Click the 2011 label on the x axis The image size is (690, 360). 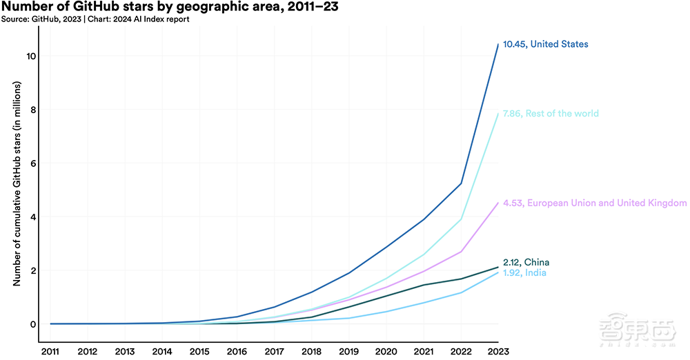[x=50, y=351]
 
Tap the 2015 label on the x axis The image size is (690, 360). [x=199, y=351]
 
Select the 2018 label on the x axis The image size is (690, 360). [x=311, y=351]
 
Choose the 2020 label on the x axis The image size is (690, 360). [x=386, y=351]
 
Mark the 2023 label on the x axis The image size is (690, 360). [x=497, y=351]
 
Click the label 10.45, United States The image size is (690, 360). [x=545, y=44]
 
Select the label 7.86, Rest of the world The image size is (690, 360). [x=551, y=114]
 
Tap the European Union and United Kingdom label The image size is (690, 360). [x=595, y=203]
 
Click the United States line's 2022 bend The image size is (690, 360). [x=461, y=183]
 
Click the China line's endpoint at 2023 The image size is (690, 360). [x=498, y=267]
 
